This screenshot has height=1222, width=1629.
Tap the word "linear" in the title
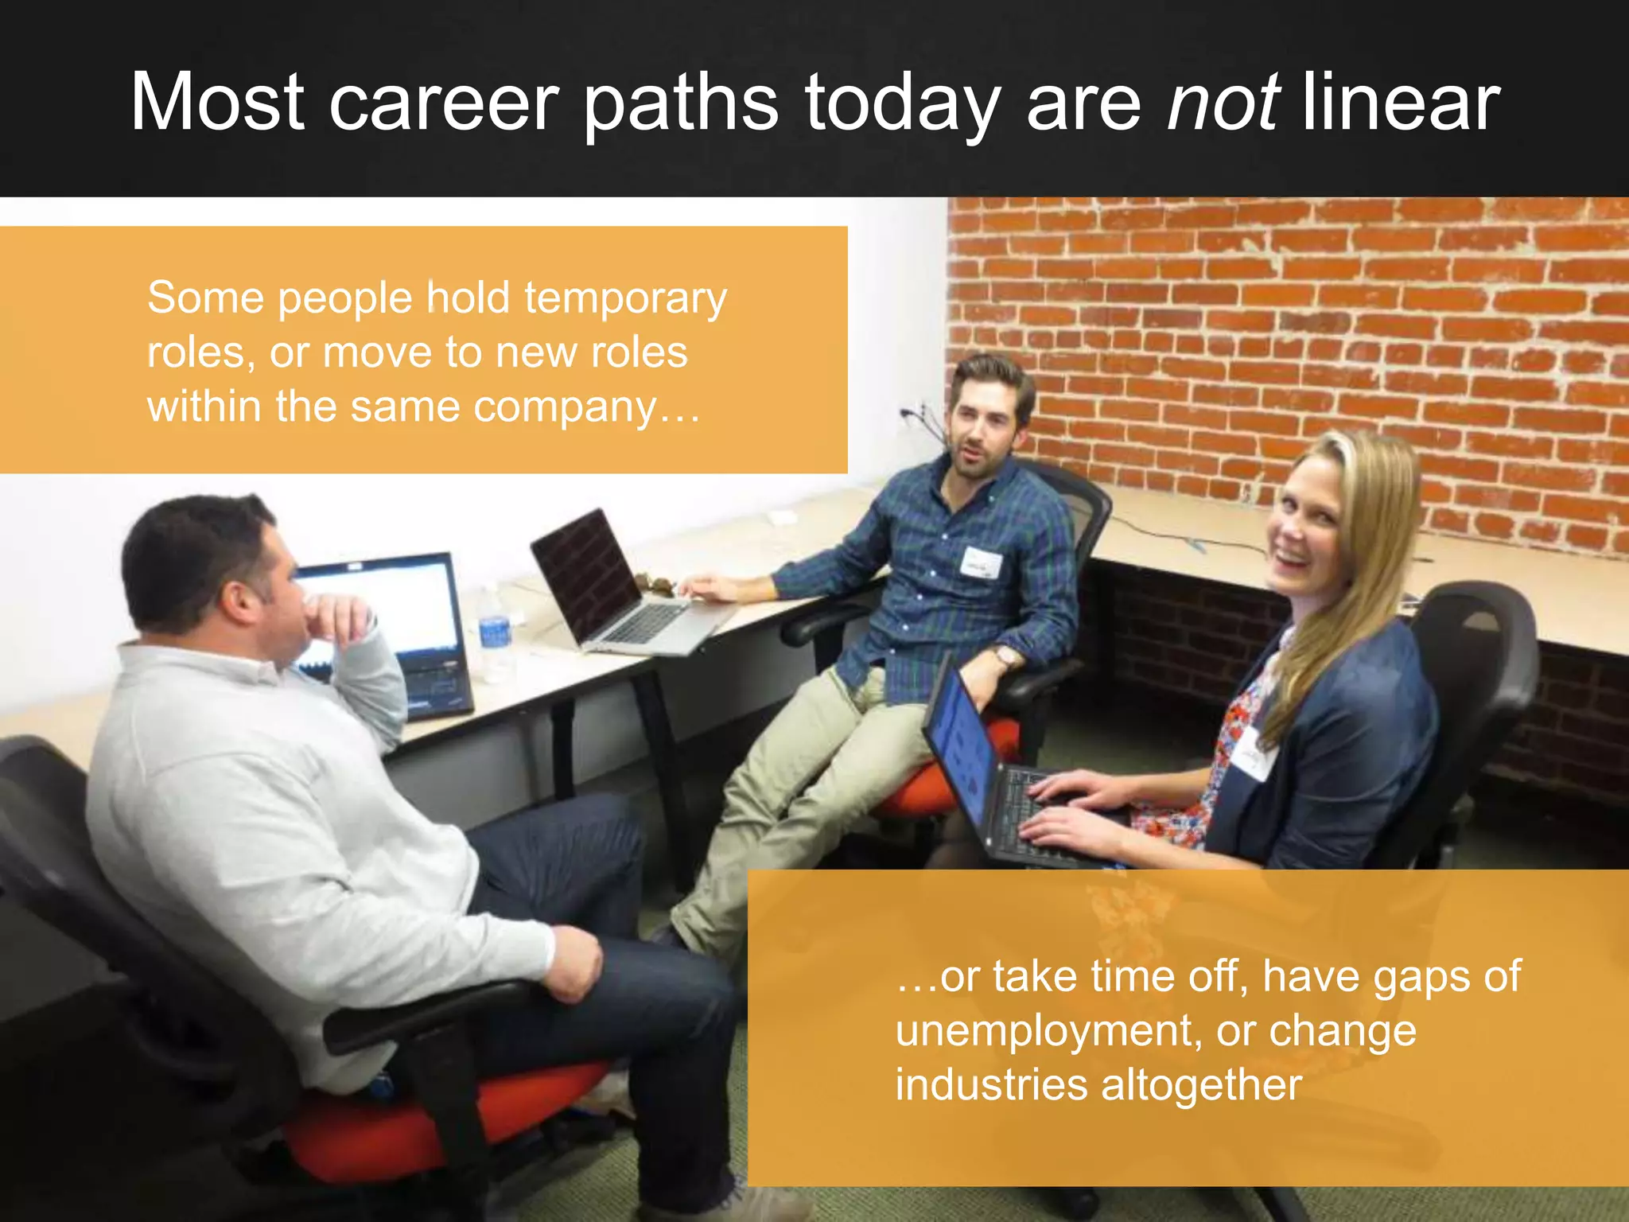click(x=1401, y=103)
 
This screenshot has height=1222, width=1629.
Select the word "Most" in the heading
click(x=217, y=103)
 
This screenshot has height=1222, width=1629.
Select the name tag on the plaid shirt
click(x=980, y=562)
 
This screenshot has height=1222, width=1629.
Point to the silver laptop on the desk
click(x=620, y=589)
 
